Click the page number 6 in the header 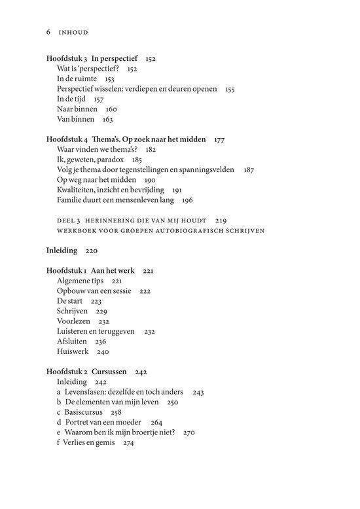pos(48,31)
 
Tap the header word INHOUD pos(73,31)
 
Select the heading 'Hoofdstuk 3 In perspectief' pos(92,58)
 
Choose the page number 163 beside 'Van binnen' pos(107,120)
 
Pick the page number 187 pos(249,169)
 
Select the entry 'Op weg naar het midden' pos(96,179)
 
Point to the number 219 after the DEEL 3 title pos(221,220)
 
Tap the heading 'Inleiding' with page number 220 pos(62,251)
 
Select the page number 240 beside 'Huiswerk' pos(103,351)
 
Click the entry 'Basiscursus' pos(88,412)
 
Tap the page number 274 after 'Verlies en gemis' pos(128,442)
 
